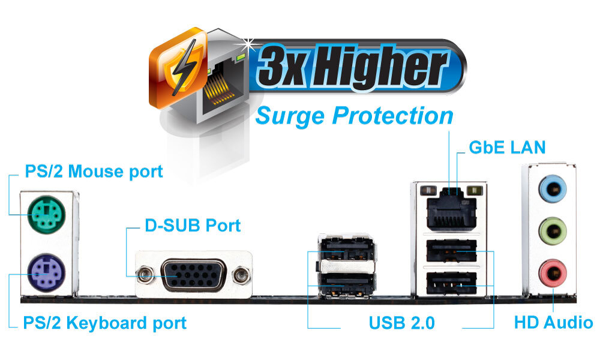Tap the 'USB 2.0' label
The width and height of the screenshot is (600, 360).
(401, 323)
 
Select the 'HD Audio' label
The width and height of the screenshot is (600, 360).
(553, 323)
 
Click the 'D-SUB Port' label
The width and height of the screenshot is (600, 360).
(193, 226)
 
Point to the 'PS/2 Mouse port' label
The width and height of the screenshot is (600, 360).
(94, 172)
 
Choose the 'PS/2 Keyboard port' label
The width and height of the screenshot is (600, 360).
(105, 323)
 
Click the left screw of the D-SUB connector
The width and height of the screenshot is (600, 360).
(143, 275)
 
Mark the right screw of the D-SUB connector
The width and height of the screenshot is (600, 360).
(242, 275)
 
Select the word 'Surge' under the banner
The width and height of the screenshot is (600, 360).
(290, 116)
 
